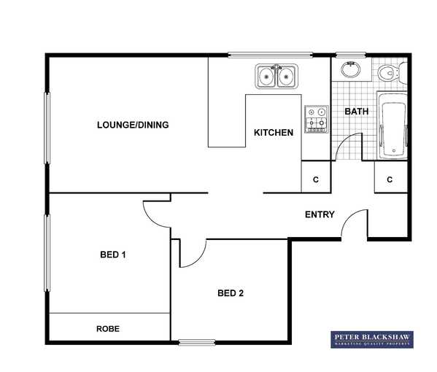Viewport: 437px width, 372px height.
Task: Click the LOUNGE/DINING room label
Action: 133,125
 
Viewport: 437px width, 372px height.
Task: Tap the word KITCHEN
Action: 274,133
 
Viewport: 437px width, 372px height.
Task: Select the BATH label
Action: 357,112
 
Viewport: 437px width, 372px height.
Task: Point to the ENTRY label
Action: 320,214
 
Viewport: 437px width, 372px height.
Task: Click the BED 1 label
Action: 113,255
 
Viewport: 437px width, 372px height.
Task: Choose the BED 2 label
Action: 231,293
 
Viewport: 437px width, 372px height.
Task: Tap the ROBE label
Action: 108,329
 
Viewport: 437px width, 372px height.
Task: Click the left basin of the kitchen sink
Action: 266,77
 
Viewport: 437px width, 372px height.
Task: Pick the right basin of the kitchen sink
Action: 286,77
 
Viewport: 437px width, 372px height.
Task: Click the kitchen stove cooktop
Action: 317,120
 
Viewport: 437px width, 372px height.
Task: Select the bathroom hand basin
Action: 351,69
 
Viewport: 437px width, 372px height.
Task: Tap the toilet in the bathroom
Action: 392,73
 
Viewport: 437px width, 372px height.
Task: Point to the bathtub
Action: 392,126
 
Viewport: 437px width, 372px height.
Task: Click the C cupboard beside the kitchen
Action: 316,177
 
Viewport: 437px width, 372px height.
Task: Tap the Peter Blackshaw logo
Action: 372,339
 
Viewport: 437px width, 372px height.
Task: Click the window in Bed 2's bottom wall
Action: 197,343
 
